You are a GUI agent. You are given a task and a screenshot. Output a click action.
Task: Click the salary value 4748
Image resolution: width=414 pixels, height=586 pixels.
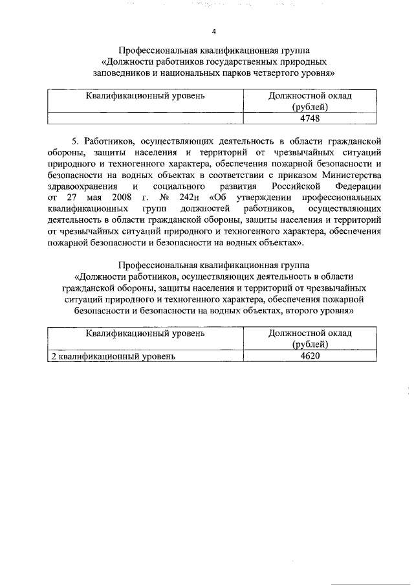click(310, 118)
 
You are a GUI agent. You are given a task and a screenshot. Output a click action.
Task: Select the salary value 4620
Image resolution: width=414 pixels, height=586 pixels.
click(310, 355)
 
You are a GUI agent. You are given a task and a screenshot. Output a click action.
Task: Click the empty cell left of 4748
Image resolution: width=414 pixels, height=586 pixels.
click(146, 118)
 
